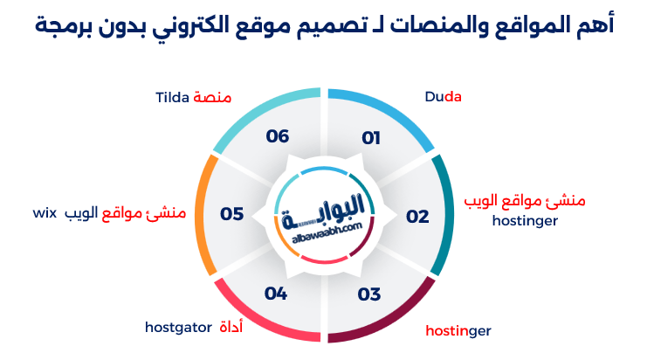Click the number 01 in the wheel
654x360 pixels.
371,138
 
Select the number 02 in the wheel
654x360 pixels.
417,217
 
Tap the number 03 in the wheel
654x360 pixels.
369,294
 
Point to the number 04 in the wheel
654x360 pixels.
276,294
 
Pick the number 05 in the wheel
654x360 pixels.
232,214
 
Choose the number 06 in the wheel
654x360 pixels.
278,136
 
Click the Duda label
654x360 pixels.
443,97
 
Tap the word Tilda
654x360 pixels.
173,97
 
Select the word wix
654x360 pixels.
45,213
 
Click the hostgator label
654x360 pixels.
178,328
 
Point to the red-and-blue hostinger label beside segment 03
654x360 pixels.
458,331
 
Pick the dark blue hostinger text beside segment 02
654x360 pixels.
525,221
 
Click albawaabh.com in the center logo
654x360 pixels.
327,232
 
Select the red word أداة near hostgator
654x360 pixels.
231,327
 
